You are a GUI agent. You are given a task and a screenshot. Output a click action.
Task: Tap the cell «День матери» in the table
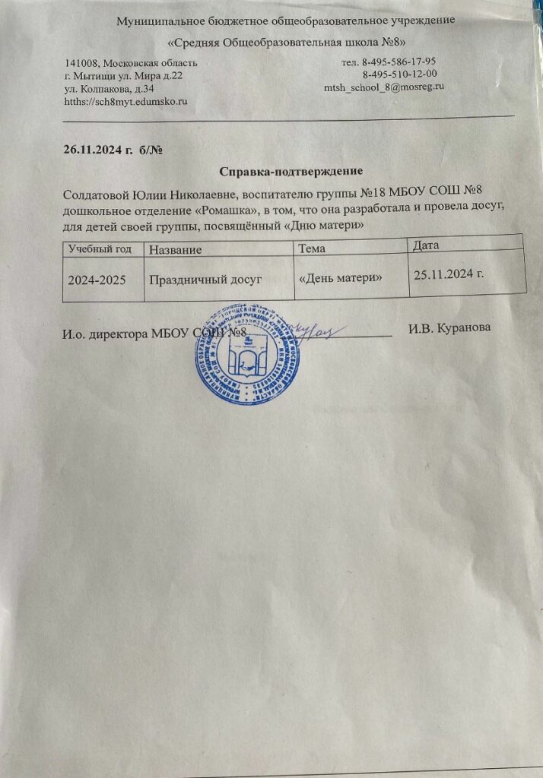tap(340, 277)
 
